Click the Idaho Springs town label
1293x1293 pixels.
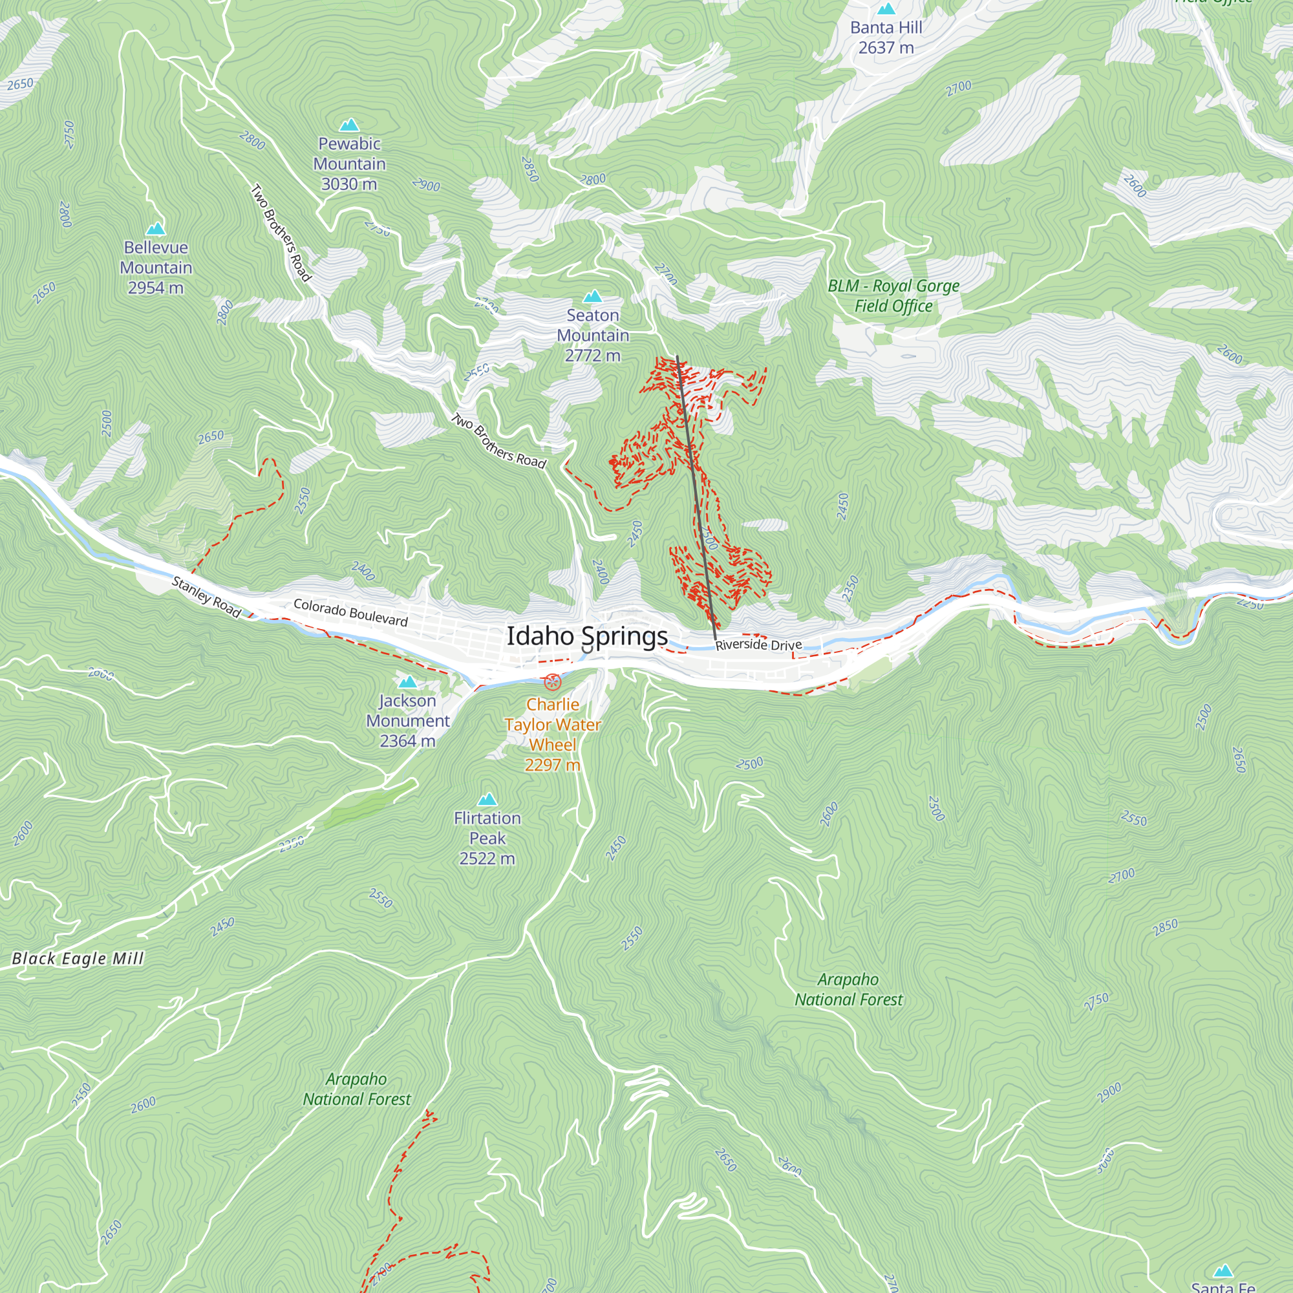(x=587, y=636)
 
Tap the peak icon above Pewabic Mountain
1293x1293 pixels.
(x=348, y=125)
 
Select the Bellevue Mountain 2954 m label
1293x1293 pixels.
(x=156, y=268)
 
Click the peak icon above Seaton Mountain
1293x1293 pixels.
(x=592, y=297)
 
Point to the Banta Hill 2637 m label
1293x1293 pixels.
(x=886, y=37)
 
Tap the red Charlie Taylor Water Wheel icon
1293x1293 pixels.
(x=552, y=682)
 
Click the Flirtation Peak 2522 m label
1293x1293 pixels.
(x=487, y=838)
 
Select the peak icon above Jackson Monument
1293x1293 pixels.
(x=407, y=682)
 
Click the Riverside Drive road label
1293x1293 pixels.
(x=758, y=645)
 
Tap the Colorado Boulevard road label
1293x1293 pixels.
(x=350, y=612)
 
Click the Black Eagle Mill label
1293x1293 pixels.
(x=78, y=958)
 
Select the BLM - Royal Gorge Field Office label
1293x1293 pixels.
(x=893, y=296)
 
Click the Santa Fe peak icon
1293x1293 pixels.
(x=1223, y=1271)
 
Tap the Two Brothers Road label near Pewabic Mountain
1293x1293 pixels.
(x=281, y=233)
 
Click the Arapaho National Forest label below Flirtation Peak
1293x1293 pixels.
(x=357, y=1089)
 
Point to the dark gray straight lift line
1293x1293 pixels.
(x=696, y=495)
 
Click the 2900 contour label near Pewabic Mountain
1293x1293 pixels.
(x=426, y=185)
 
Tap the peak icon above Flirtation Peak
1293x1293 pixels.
(x=487, y=799)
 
